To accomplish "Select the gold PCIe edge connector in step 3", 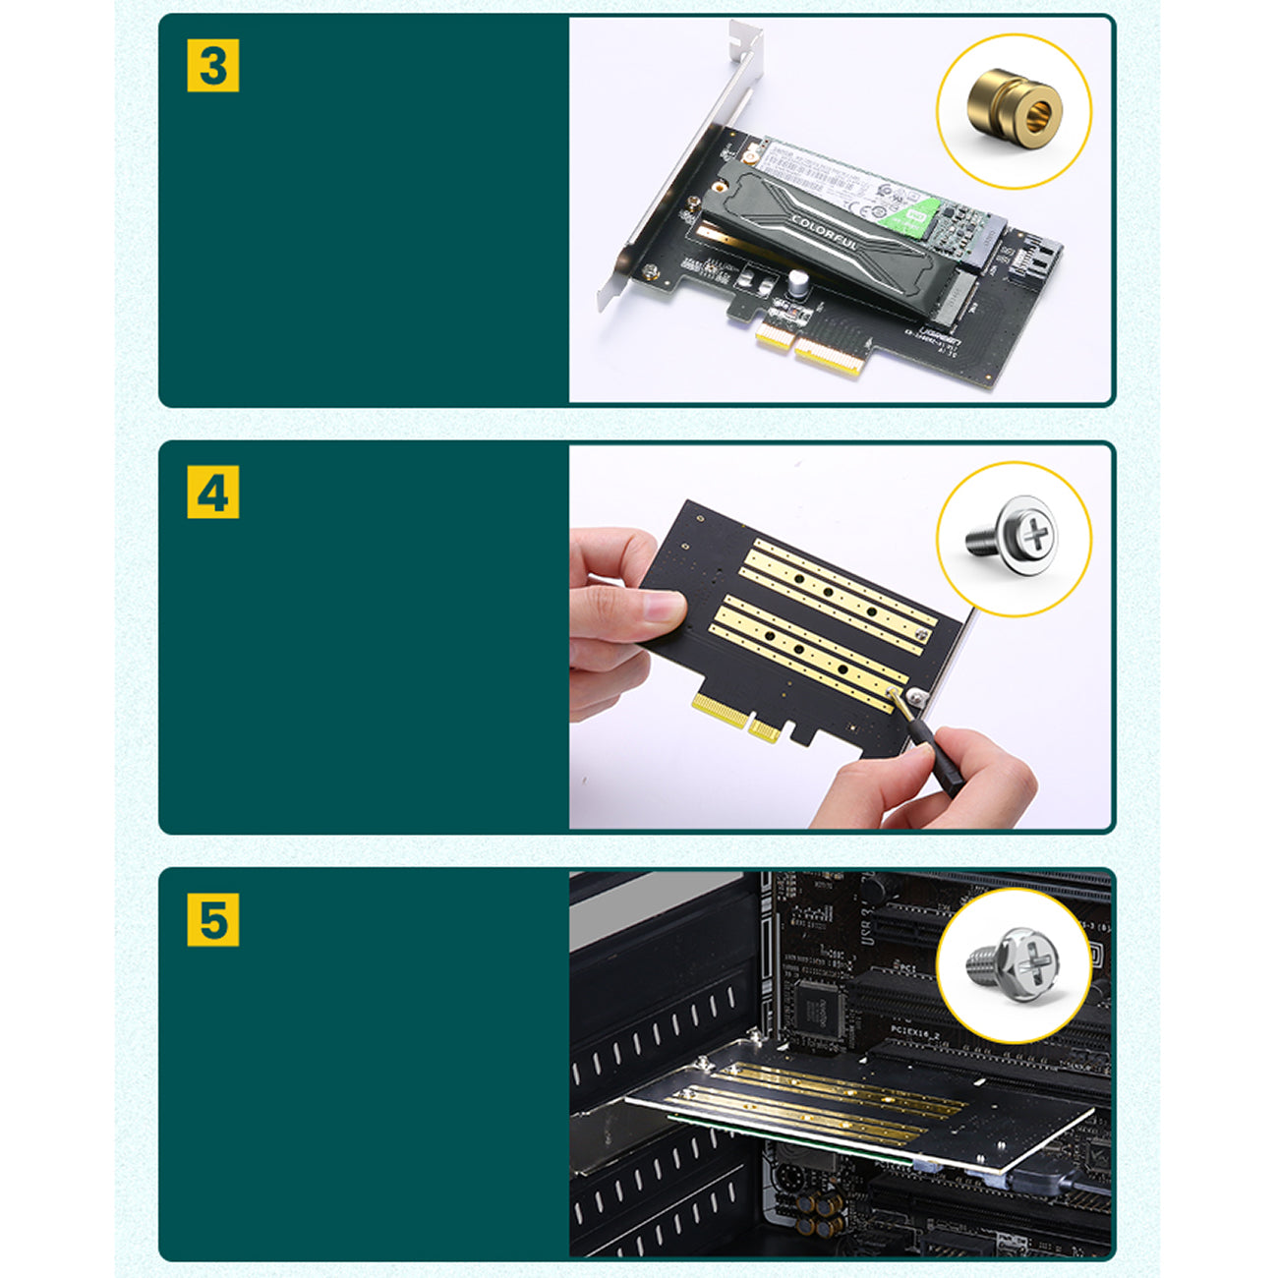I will pyautogui.click(x=811, y=349).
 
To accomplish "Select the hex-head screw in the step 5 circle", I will pyautogui.click(x=1017, y=963).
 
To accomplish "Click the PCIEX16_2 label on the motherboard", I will pyautogui.click(x=917, y=1029).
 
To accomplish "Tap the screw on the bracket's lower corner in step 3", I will pyautogui.click(x=649, y=271).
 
